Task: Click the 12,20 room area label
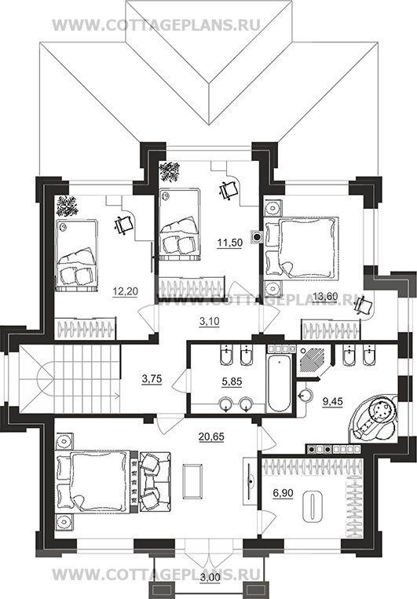[x=126, y=292]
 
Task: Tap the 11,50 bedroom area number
[x=230, y=243]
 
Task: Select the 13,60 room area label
[x=325, y=296]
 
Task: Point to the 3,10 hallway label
[x=210, y=322]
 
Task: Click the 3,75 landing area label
[x=152, y=379]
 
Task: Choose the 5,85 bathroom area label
[x=232, y=382]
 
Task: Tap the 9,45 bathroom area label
[x=332, y=401]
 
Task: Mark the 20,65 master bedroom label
[x=212, y=436]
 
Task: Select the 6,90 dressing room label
[x=283, y=494]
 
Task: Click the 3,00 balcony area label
[x=210, y=588]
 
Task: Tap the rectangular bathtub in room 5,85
[x=279, y=383]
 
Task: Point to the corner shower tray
[x=313, y=360]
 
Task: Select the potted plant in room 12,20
[x=67, y=206]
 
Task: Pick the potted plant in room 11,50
[x=170, y=172]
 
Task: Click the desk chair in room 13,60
[x=363, y=305]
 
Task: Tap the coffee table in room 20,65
[x=192, y=481]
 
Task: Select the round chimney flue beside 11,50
[x=257, y=237]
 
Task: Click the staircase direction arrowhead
[x=115, y=397]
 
